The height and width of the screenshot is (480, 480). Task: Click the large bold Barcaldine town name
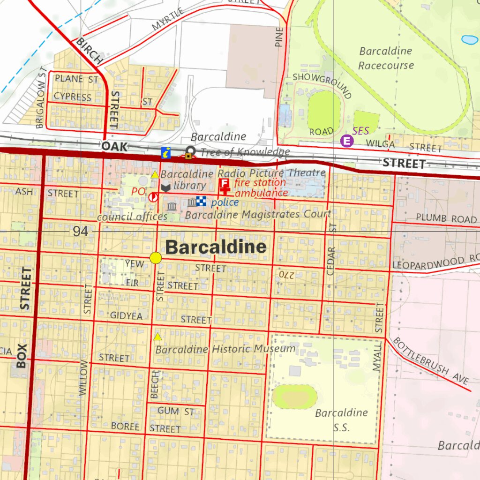pos(216,247)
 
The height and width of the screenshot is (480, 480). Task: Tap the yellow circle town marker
pos(156,257)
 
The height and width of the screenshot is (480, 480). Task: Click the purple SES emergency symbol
pos(346,141)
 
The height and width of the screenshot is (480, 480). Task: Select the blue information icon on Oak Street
pos(166,152)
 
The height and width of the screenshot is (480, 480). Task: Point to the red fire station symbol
pos(225,186)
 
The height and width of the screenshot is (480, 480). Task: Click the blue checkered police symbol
pos(201,201)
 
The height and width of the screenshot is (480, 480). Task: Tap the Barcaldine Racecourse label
pos(386,58)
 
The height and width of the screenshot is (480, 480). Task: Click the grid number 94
pos(80,231)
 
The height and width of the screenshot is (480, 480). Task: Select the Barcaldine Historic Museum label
pos(225,349)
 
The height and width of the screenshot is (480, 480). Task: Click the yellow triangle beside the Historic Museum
pos(158,337)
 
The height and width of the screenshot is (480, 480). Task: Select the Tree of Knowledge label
pos(245,152)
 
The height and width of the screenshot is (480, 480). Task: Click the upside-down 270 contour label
pos(285,273)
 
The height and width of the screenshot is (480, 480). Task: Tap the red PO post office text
pos(138,191)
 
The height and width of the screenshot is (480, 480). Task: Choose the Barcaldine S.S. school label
pos(341,419)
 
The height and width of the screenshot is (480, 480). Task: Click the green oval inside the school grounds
pos(295,397)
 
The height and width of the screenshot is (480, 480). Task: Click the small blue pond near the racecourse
pos(469,40)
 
